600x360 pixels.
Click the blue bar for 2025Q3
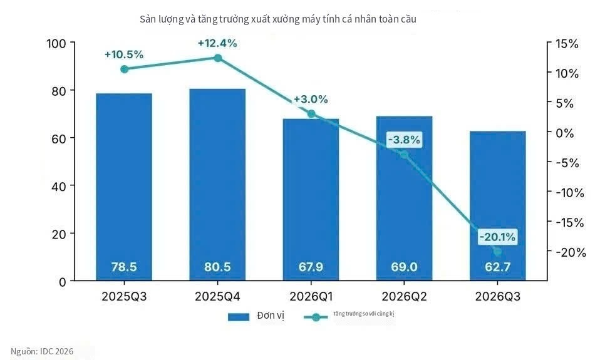[x=124, y=187]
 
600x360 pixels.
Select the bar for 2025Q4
[x=217, y=185]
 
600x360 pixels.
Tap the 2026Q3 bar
[x=497, y=206]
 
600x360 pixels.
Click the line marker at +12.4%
[x=218, y=58]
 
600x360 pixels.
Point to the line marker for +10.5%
[x=125, y=69]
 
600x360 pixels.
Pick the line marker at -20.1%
[x=497, y=252]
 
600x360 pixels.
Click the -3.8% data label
[x=404, y=140]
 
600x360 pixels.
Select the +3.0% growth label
[x=311, y=100]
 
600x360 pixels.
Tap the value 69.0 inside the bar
[x=404, y=267]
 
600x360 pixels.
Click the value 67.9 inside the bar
[x=311, y=267]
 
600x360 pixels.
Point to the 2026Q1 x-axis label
[x=311, y=297]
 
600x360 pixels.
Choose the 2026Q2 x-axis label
[x=404, y=297]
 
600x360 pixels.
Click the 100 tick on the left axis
[x=56, y=44]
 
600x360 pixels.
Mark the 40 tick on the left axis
[x=59, y=187]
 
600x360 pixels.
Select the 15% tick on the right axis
[x=567, y=44]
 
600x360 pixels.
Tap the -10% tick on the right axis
[x=570, y=192]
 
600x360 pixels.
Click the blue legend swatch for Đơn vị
[x=239, y=317]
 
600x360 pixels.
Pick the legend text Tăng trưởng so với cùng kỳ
[x=363, y=314]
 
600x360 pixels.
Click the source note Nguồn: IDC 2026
[x=42, y=351]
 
